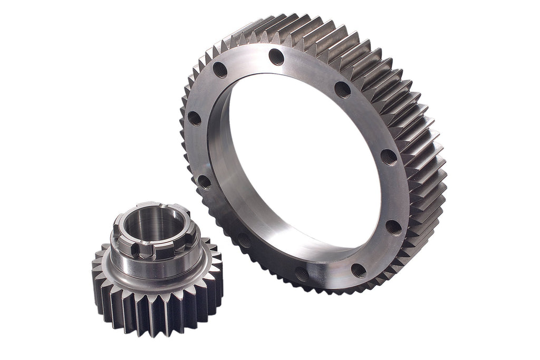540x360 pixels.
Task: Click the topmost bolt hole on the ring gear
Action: (276, 56)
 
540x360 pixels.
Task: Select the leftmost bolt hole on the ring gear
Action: (194, 118)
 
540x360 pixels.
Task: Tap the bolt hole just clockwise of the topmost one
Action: (342, 89)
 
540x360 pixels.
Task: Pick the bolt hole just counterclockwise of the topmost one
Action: (220, 70)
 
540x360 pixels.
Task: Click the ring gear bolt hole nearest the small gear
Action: (244, 240)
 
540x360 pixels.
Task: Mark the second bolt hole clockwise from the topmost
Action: (389, 157)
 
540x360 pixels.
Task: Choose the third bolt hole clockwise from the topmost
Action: (393, 227)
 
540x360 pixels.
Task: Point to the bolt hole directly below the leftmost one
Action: (204, 182)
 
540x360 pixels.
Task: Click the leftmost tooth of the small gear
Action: (95, 275)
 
